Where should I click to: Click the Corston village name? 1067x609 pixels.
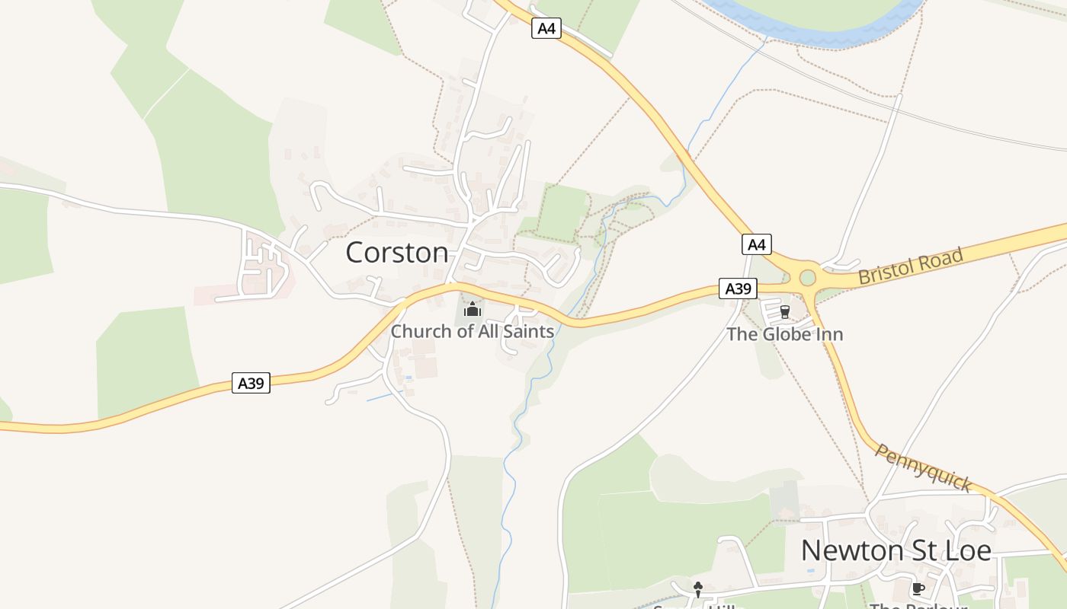(397, 253)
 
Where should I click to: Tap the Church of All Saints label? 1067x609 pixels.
(473, 332)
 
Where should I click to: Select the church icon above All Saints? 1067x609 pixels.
(473, 309)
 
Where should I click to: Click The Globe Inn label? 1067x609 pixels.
(785, 334)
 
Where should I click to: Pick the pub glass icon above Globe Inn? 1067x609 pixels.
(785, 312)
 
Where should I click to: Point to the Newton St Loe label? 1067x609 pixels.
(896, 550)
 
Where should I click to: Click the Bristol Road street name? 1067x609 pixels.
(911, 266)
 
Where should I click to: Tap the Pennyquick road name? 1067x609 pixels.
(923, 467)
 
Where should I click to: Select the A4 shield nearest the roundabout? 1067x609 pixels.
(756, 244)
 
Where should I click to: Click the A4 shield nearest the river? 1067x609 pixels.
(546, 29)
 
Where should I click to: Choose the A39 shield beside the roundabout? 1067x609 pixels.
(738, 289)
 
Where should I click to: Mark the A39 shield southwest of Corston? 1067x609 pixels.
(251, 383)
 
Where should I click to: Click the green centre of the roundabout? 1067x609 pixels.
(808, 279)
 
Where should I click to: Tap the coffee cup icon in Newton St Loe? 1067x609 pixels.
(918, 588)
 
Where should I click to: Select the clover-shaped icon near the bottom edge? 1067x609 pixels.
(697, 587)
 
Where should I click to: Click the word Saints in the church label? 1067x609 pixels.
(527, 332)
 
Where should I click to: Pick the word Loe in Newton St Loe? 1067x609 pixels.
(969, 550)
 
